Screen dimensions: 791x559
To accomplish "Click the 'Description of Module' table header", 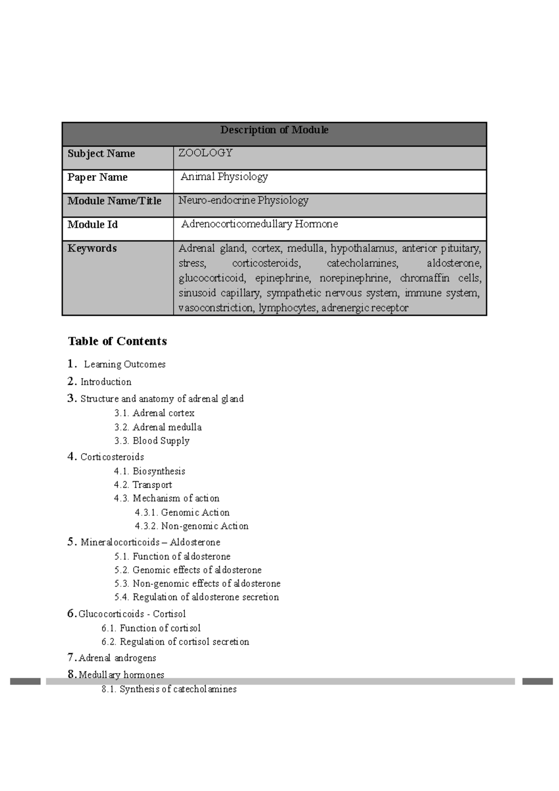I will (274, 130).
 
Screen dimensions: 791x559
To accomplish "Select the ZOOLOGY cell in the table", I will (205, 153).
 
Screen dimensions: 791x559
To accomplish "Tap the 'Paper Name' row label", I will (97, 177).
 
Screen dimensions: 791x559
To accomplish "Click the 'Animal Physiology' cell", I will (224, 177).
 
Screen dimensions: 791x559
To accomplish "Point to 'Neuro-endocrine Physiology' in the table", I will (243, 200).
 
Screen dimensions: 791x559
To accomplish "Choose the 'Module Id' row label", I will (92, 225).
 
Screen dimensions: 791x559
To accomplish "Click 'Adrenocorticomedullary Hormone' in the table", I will (259, 224).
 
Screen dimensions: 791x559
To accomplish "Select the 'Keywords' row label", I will (92, 248).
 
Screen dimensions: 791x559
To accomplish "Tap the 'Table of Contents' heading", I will (117, 341).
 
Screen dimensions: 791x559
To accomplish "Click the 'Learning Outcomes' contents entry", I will (124, 364).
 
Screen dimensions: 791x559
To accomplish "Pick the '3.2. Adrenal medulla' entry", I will (158, 427).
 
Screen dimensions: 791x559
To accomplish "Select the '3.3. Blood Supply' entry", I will (152, 441).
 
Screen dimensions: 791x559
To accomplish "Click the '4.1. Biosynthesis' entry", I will (150, 471).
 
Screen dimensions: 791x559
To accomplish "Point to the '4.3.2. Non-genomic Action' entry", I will (191, 526).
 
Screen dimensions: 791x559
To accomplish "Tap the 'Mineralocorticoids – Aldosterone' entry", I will (150, 542).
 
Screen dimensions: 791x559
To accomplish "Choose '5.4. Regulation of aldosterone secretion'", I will (196, 597).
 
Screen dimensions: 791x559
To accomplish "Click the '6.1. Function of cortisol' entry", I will (151, 628).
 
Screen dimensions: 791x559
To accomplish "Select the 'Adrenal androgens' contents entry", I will (117, 658).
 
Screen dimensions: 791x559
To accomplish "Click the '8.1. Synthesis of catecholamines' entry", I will (169, 689).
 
